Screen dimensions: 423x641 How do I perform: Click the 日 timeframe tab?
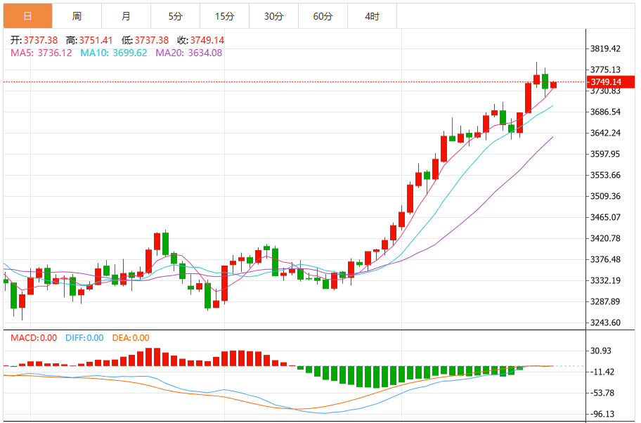(x=27, y=15)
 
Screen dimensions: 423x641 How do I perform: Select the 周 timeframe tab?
(x=77, y=15)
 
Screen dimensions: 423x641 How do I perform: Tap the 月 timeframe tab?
(x=126, y=15)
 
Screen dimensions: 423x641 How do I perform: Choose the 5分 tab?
(x=175, y=15)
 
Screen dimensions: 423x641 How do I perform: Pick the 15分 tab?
(x=224, y=15)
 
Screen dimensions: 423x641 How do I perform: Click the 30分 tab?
(x=273, y=15)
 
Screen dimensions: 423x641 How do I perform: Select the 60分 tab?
(x=323, y=15)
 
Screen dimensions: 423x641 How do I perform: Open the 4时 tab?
(x=372, y=15)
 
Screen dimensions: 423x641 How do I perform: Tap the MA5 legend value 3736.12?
(x=54, y=53)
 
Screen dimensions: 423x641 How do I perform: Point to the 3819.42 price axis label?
(x=605, y=49)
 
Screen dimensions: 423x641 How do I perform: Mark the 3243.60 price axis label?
(x=605, y=323)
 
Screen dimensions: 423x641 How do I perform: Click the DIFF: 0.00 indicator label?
(x=84, y=338)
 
